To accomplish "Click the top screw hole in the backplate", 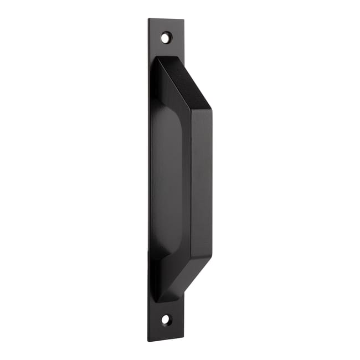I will [x=166, y=38].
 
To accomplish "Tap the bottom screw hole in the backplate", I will [x=166, y=320].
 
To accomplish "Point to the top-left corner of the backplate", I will [x=149, y=19].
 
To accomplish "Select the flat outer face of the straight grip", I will [x=202, y=183].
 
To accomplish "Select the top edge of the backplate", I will [x=166, y=19].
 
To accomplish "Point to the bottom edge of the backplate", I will [x=166, y=338].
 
